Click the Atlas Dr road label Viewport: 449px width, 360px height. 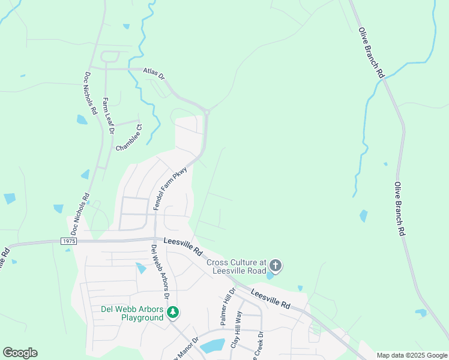pos(154,73)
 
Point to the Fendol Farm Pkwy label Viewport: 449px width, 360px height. pos(171,188)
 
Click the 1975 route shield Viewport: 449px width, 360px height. pos(69,241)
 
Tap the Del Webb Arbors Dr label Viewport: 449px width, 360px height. pos(160,273)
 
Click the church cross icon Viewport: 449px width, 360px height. pos(276,265)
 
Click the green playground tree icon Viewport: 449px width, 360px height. pos(173,312)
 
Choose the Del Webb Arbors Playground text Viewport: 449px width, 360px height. pos(131,313)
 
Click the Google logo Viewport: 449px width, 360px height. pos(20,353)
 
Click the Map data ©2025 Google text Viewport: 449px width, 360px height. pos(412,355)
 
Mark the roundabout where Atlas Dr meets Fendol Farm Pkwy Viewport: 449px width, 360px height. pos(206,111)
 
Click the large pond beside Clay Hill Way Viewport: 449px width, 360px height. pos(212,346)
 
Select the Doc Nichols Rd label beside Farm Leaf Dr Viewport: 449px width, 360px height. pos(90,94)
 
